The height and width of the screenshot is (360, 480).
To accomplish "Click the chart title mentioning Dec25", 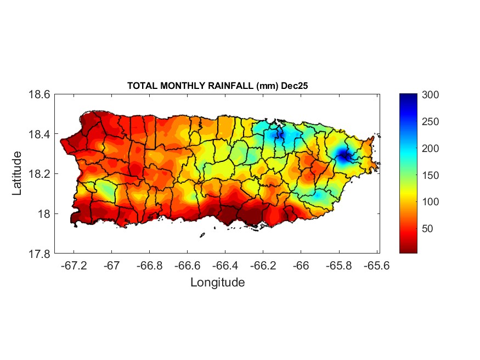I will coord(219,86).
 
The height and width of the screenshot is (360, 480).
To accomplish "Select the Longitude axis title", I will coord(217,283).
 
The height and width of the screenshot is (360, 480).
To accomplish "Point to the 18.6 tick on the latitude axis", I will coord(39,95).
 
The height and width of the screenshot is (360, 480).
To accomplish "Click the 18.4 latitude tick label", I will coord(39,134).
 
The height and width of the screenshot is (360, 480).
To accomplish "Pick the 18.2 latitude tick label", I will coord(39,175).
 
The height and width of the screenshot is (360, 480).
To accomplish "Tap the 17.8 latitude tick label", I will coord(39,254).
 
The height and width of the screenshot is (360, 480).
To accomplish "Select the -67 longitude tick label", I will coord(112,266).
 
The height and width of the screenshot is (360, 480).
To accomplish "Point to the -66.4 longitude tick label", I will coord(224,266).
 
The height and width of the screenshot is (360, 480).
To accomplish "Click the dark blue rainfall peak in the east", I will coord(343,155).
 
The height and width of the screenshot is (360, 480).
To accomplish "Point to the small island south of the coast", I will coord(202,235).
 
